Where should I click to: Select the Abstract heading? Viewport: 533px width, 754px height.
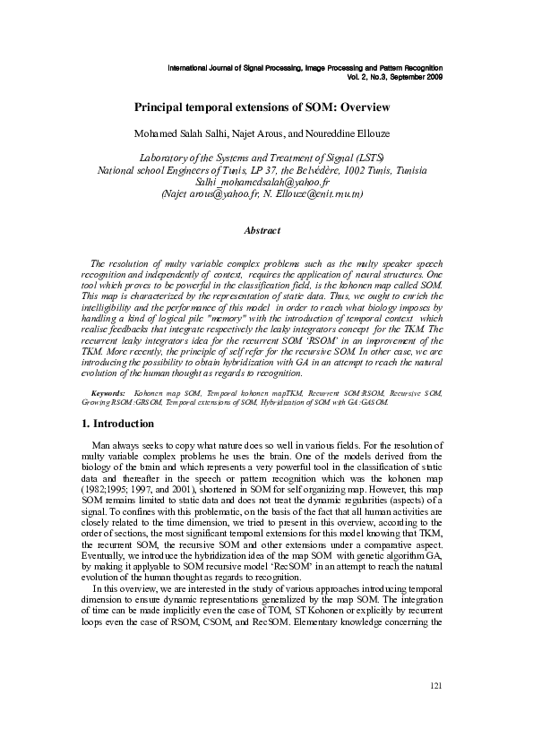[262, 230]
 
